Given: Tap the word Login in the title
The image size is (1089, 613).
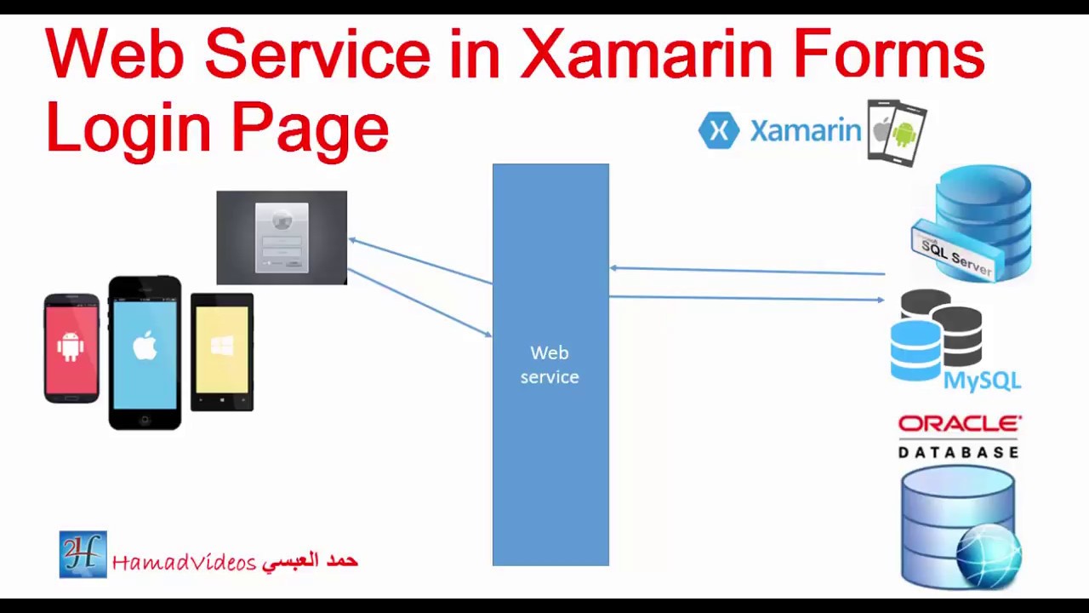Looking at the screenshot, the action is click(128, 128).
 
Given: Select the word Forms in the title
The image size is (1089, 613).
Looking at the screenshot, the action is click(889, 54).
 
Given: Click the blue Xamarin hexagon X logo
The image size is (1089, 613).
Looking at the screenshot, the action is click(719, 131).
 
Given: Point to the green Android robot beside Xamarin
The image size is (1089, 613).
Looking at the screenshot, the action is click(904, 134).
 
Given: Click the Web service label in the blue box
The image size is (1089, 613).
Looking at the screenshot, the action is click(550, 364).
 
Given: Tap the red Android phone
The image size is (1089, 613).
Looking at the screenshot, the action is click(71, 347).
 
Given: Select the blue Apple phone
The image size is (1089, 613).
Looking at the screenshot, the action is click(145, 351).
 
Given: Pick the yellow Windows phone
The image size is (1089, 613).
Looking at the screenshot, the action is click(221, 351).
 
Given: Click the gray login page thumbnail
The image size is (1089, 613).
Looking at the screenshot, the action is click(282, 238).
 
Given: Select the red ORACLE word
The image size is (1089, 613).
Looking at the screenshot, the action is click(960, 424).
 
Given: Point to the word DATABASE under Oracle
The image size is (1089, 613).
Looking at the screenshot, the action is click(959, 451).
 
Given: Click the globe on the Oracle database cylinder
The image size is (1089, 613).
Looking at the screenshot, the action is click(989, 555).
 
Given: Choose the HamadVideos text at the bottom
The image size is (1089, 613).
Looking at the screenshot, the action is click(184, 562).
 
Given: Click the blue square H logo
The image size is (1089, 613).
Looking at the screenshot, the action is click(83, 554).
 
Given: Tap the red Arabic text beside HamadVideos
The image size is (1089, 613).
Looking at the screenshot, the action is click(311, 560).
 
